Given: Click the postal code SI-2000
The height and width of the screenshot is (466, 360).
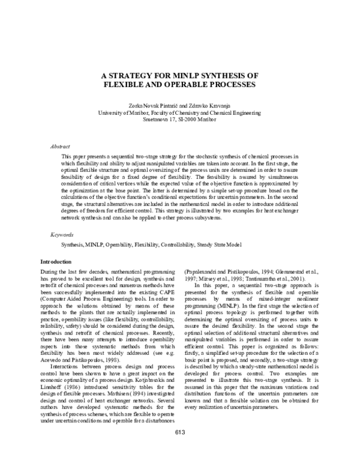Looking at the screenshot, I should point(190,119).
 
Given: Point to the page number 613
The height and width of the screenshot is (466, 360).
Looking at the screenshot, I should point(180,450).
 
